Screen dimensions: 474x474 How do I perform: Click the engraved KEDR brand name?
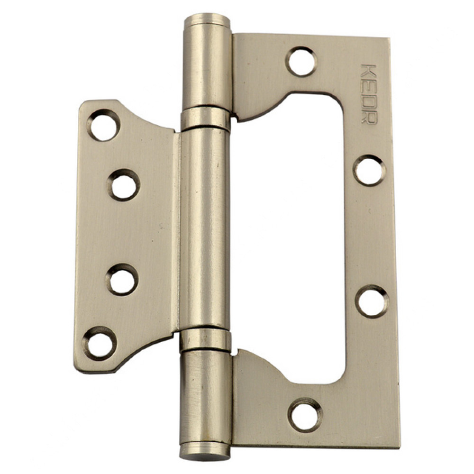click(369, 94)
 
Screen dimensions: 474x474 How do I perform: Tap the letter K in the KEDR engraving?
click(369, 71)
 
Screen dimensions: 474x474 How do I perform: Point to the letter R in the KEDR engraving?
click(369, 117)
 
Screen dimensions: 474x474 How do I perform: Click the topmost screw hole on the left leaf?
click(103, 125)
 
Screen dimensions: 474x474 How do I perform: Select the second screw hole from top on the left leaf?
click(123, 185)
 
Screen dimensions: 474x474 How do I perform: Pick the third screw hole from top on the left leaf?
click(122, 280)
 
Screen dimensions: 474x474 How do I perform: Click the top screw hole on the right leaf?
click(301, 61)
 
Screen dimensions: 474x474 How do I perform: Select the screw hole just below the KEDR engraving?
click(369, 170)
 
